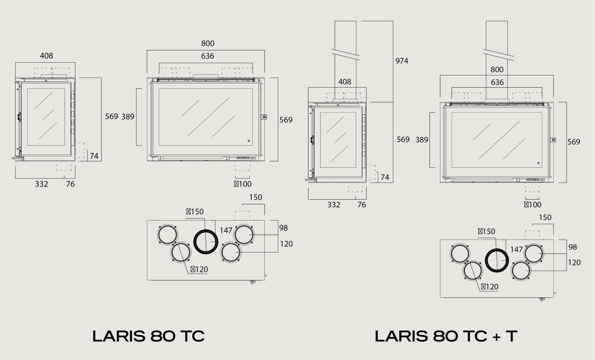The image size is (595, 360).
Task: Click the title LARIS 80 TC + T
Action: (446, 336)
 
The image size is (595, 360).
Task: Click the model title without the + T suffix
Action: (148, 336)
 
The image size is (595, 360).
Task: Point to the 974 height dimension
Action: (402, 61)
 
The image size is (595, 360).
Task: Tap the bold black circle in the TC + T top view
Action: (497, 260)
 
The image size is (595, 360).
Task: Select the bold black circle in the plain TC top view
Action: (205, 241)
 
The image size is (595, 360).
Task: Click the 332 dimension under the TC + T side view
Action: (334, 204)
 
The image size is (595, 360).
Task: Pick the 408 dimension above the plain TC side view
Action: (46, 56)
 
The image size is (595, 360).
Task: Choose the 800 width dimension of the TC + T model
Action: (497, 70)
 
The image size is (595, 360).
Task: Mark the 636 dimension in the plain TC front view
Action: (207, 56)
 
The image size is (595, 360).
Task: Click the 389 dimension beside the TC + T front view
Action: (422, 139)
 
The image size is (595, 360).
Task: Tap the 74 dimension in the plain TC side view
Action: (94, 156)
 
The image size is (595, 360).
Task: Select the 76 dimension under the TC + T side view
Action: (361, 204)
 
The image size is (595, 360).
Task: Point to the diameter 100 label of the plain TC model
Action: (242, 184)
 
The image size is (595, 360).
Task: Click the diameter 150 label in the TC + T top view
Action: (486, 231)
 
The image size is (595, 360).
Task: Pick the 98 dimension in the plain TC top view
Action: (284, 228)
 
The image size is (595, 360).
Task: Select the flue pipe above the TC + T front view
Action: (498, 41)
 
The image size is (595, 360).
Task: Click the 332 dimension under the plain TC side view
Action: (41, 184)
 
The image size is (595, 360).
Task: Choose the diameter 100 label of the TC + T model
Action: (533, 204)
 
